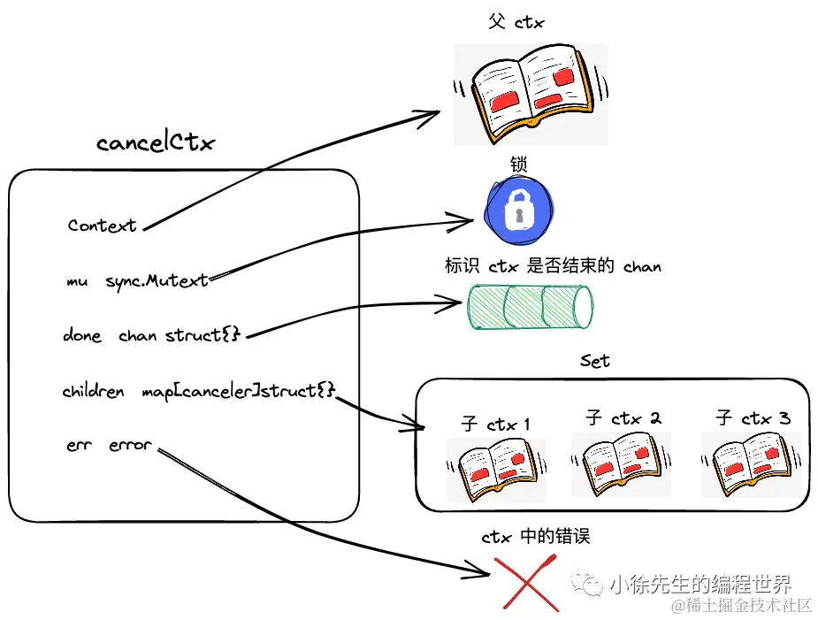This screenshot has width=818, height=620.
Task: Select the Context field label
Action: click(103, 226)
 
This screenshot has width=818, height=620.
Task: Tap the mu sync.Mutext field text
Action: click(137, 281)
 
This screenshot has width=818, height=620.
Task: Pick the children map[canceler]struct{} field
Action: click(199, 391)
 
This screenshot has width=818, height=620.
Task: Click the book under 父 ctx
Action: click(530, 94)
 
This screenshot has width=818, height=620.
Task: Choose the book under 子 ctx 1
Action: click(495, 469)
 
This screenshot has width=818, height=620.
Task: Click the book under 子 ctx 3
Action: click(751, 463)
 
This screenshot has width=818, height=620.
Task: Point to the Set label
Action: click(595, 361)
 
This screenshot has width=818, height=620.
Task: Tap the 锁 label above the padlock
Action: click(518, 165)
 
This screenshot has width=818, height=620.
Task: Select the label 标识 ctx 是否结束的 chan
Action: click(553, 266)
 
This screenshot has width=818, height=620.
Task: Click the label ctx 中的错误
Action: click(536, 536)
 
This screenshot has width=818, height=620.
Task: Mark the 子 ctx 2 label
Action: click(623, 417)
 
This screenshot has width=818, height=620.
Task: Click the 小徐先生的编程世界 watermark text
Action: click(699, 584)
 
